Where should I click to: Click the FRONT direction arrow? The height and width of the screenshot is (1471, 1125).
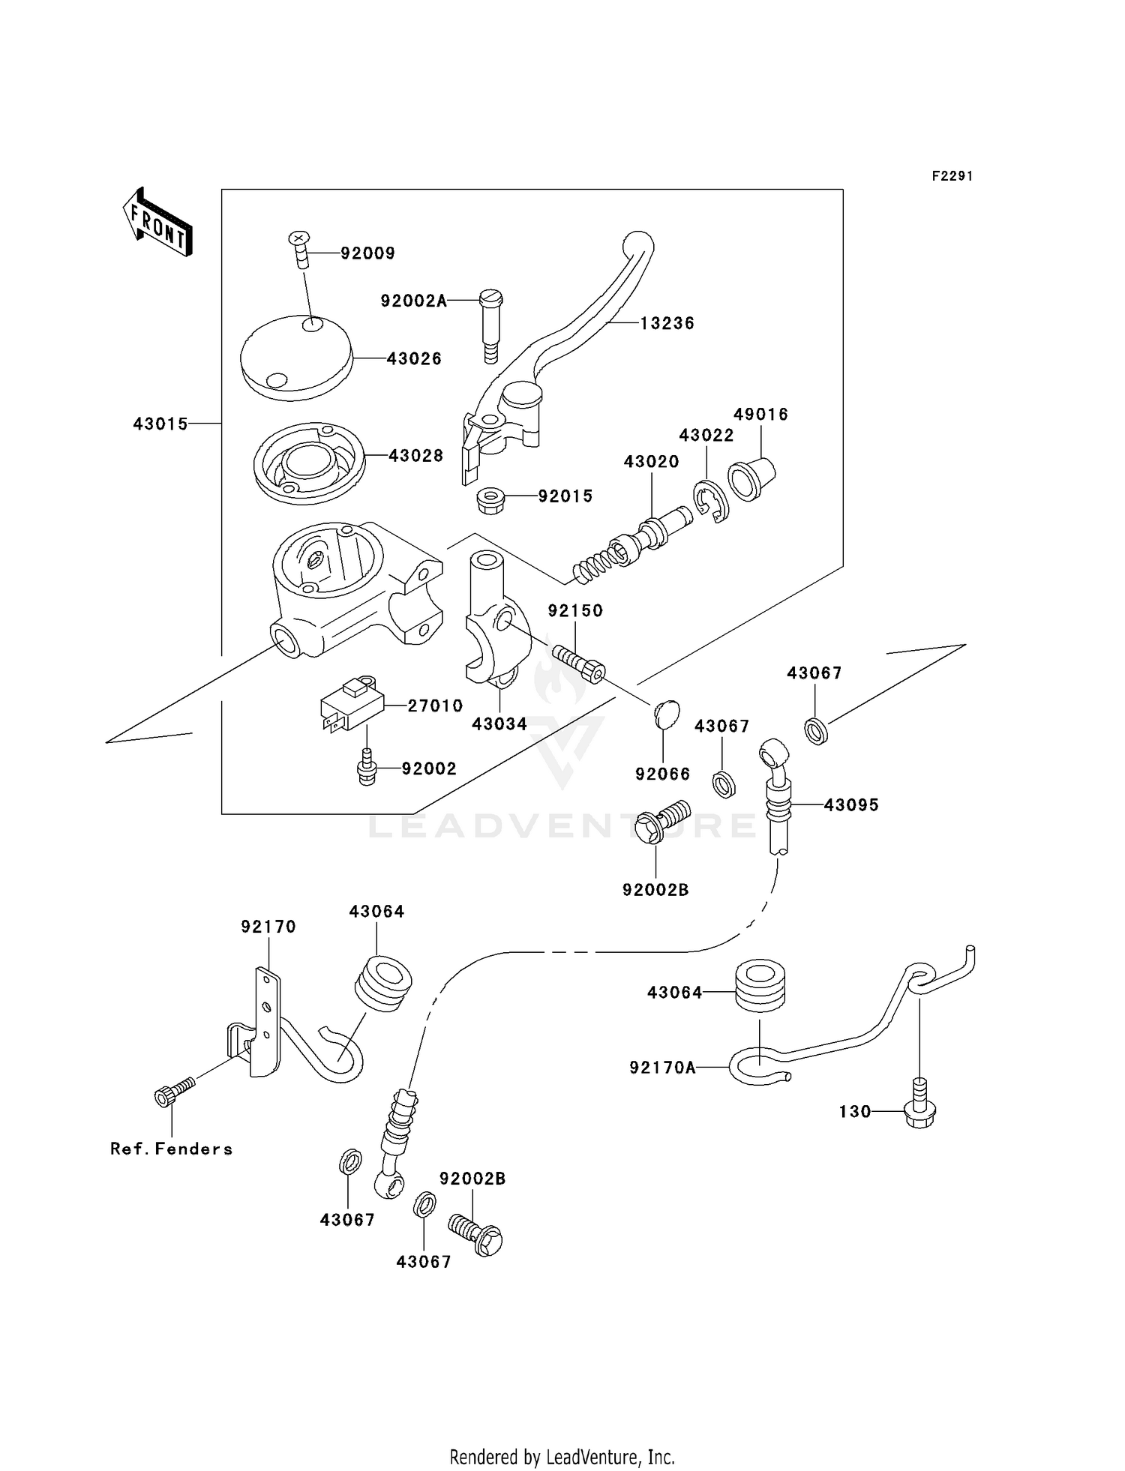pos(158,223)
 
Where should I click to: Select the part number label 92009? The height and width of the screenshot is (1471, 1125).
pos(367,253)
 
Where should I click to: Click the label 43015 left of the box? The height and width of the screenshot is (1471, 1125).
pos(160,424)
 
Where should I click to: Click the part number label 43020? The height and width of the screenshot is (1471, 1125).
pos(651,462)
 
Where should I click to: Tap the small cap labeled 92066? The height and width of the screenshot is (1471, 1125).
pos(666,714)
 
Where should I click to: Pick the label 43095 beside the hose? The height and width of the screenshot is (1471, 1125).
pos(850,805)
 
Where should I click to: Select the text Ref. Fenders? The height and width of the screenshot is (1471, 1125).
pos(171,1149)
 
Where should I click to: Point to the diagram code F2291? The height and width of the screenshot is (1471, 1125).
pos(952,176)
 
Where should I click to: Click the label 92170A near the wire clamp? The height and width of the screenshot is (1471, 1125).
pos(662,1068)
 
